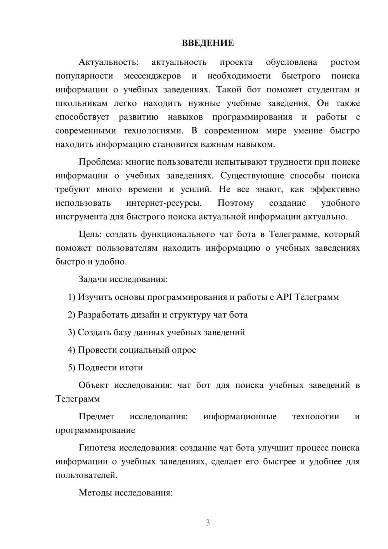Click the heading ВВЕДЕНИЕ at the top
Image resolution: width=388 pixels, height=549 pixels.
click(208, 43)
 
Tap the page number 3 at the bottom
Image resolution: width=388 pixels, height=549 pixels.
click(208, 523)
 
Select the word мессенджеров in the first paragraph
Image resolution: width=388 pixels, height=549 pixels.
click(152, 76)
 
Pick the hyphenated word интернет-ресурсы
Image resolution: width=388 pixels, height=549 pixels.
click(164, 203)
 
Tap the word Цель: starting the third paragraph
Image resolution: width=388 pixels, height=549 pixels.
click(90, 234)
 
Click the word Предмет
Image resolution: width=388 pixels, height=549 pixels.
click(96, 417)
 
